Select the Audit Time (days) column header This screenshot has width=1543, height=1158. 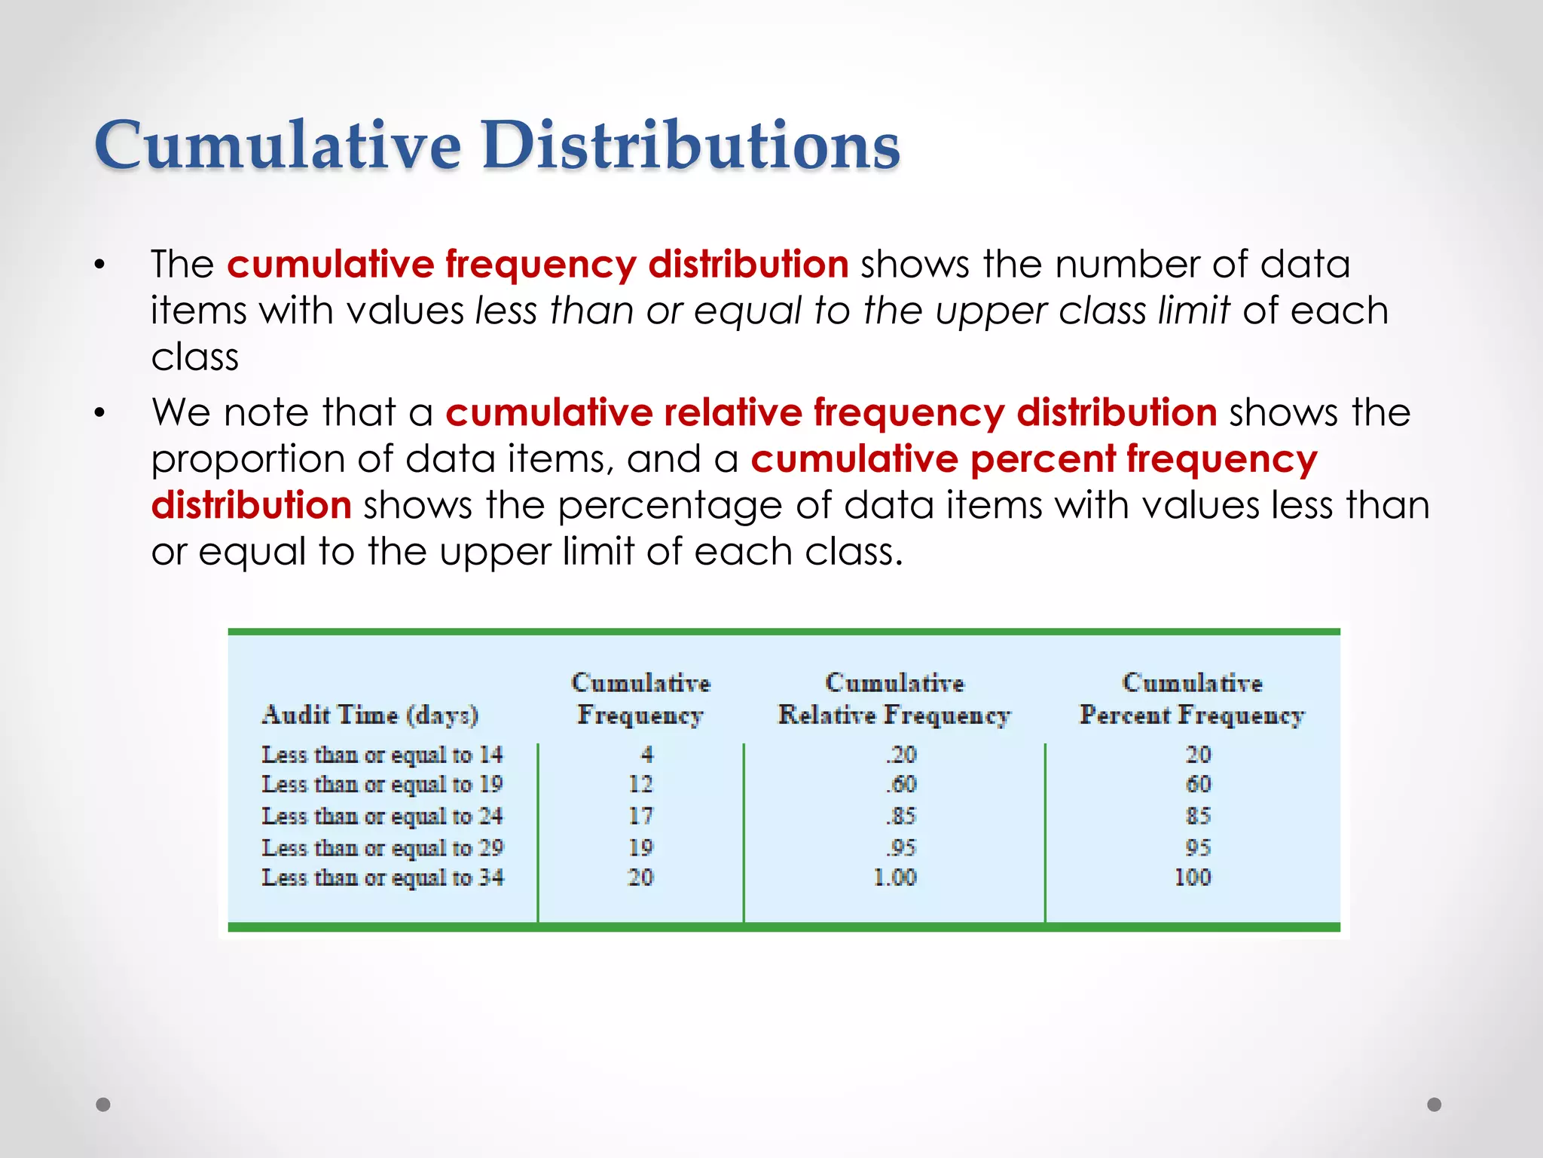coord(370,714)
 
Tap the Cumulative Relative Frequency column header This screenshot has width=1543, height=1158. coord(894,699)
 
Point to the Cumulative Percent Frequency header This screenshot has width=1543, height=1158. coord(1191,699)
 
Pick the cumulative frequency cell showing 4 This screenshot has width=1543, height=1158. coord(646,754)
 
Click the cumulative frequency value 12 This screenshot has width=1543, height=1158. coord(640,784)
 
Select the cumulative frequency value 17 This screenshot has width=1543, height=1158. coord(640,816)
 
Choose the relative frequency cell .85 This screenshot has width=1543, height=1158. coord(901,816)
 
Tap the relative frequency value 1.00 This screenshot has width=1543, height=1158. coord(894,878)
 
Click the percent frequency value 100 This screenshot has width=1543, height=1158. coord(1192,878)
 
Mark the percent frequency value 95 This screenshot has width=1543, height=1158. coord(1198,847)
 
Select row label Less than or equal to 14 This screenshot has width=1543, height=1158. coord(382,754)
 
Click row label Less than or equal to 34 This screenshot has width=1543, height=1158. coord(382,878)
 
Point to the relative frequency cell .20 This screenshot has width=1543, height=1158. coord(901,754)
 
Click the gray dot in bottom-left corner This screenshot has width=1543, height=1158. coord(103,1104)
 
